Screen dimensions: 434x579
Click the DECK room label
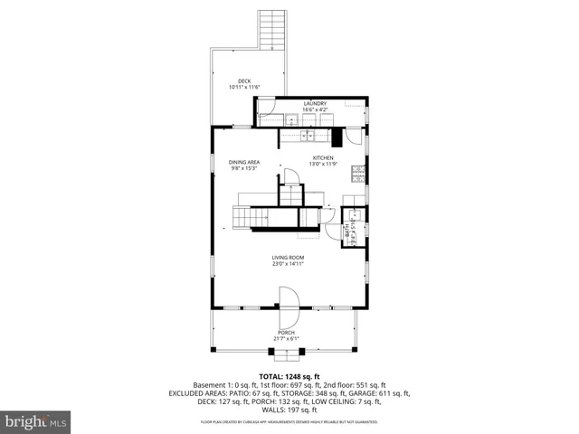(x=244, y=80)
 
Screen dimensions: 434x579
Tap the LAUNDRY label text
(x=315, y=104)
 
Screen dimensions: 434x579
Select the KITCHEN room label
(x=323, y=157)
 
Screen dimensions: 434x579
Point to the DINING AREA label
(x=244, y=162)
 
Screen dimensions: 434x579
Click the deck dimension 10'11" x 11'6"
(x=244, y=87)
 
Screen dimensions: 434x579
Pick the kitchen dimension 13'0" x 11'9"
(x=323, y=164)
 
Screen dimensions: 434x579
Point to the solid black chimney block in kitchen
(x=337, y=137)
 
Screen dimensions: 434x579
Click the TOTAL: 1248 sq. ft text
(x=289, y=376)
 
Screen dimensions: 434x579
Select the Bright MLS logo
(x=36, y=421)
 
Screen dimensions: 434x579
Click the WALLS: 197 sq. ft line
(x=289, y=410)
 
